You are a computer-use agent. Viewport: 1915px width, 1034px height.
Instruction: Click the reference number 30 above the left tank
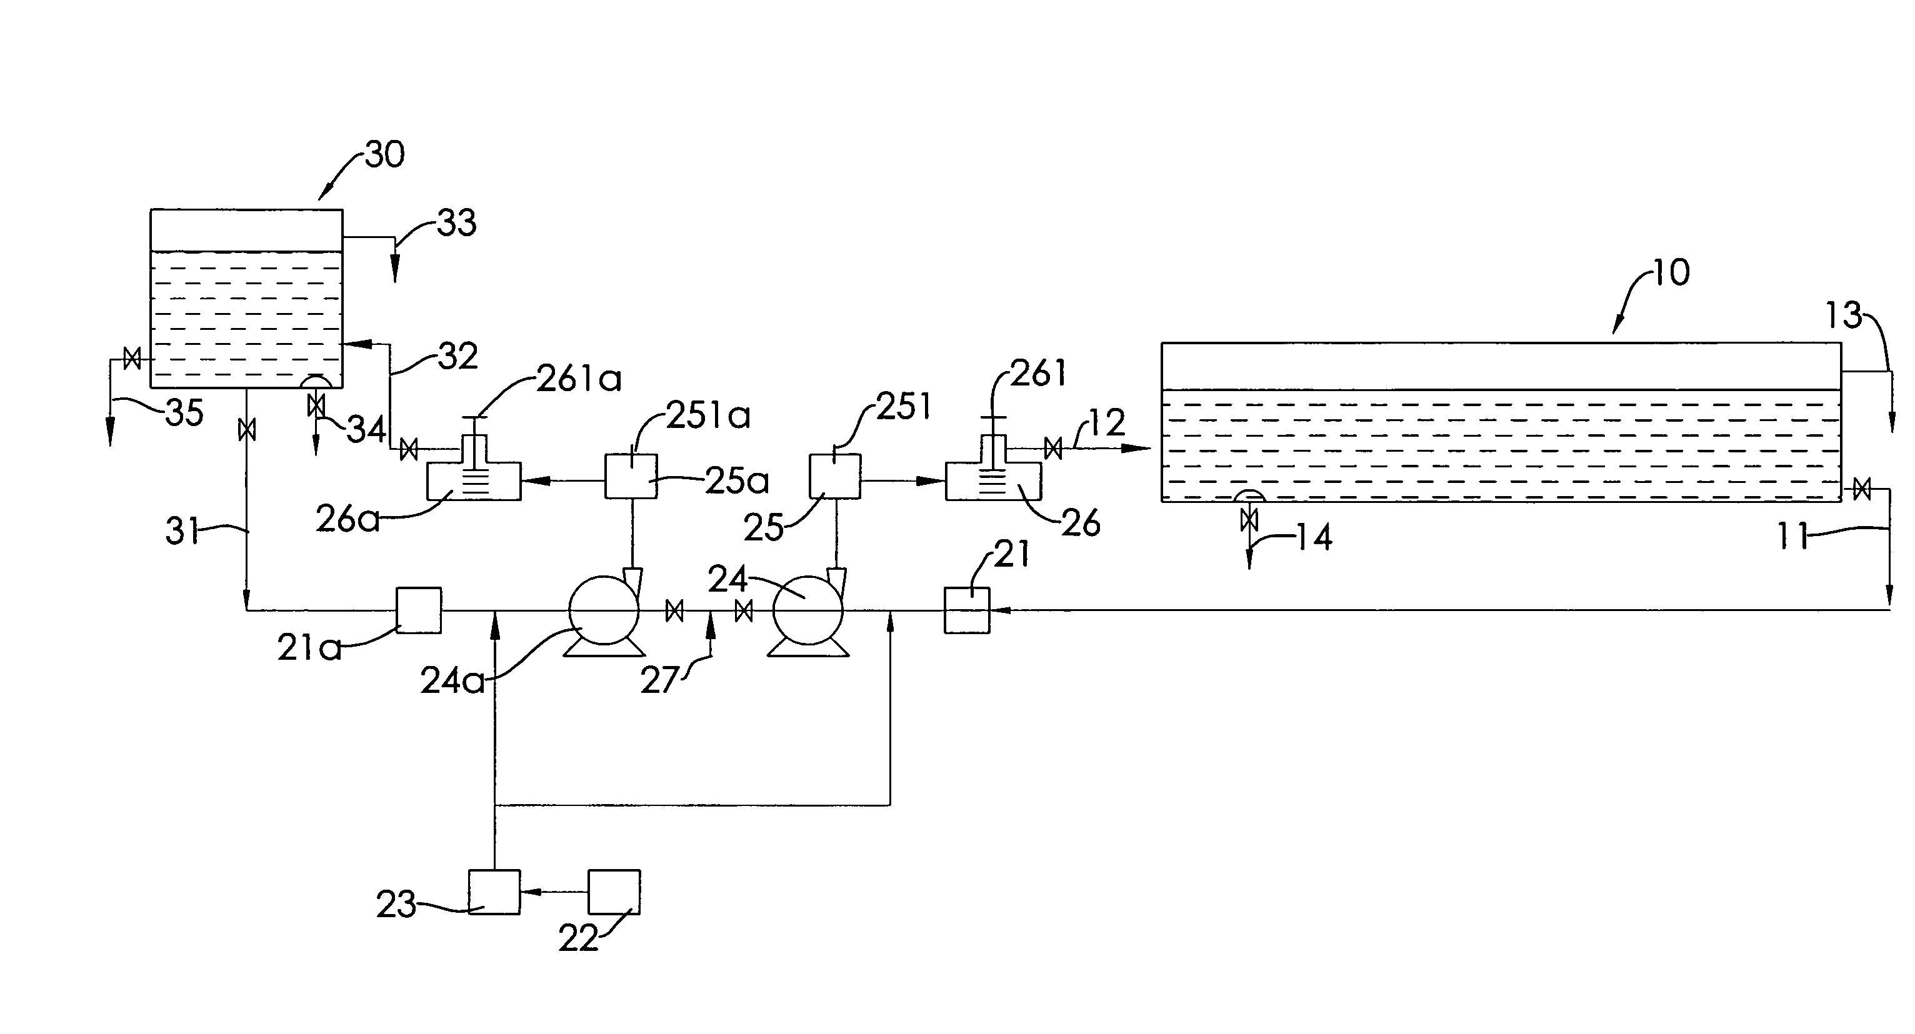point(385,154)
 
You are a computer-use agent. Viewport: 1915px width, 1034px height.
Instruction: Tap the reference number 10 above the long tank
point(1671,273)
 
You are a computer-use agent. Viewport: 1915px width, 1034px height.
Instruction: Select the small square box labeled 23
point(494,892)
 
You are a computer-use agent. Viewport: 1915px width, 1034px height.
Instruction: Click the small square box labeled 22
point(613,892)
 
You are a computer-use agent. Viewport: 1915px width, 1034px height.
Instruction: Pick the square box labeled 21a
point(419,610)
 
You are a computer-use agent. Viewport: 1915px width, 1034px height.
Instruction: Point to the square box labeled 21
point(966,610)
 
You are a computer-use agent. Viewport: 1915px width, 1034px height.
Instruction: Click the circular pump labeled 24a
point(603,610)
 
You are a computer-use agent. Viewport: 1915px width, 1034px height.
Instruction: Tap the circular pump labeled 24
point(807,610)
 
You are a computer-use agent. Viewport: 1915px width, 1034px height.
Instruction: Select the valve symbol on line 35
point(132,359)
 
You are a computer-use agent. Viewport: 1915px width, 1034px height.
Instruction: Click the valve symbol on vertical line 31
point(246,429)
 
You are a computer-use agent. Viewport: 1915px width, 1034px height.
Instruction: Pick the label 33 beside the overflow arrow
point(456,222)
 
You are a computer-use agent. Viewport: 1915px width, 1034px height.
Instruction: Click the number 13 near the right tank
point(1844,316)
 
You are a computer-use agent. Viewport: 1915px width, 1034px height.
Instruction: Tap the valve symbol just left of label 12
point(1052,448)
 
